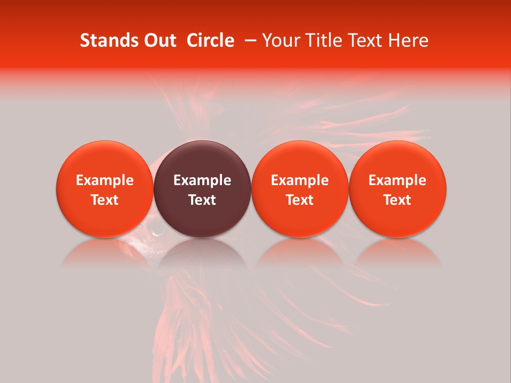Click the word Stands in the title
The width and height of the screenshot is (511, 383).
tap(103, 40)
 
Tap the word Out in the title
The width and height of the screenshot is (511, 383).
tap(158, 40)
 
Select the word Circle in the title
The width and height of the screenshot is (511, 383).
tap(210, 40)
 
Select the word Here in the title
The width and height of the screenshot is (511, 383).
tap(409, 40)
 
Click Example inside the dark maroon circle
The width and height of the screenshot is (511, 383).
tap(202, 180)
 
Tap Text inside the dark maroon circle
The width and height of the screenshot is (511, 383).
tap(202, 200)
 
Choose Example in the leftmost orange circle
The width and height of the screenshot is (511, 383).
tap(105, 180)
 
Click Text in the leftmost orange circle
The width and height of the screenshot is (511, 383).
tap(105, 200)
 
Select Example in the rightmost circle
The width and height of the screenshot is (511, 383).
tap(398, 180)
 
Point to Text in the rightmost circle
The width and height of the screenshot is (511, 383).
tap(398, 200)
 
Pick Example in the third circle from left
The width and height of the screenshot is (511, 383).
tap(300, 180)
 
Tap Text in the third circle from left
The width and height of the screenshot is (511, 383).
tap(300, 200)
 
